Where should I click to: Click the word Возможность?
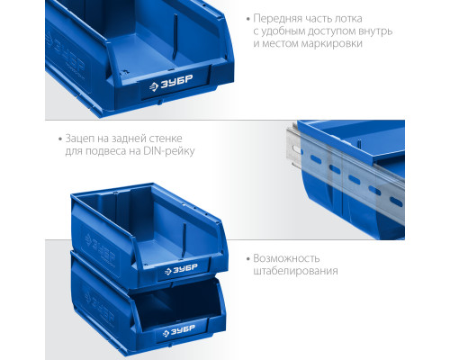point(286,258)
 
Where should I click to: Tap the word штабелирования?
point(296,271)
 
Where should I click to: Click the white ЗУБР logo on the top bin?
point(171,83)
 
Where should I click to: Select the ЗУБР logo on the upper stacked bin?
point(181,269)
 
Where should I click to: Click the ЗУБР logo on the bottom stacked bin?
point(179,330)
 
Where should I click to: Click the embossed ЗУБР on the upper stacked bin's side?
point(100,248)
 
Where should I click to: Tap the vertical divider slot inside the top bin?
point(175,37)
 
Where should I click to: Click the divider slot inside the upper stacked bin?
point(184,240)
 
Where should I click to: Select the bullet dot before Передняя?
point(248,19)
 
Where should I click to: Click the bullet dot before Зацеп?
point(60,139)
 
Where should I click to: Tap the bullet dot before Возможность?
point(248,259)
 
